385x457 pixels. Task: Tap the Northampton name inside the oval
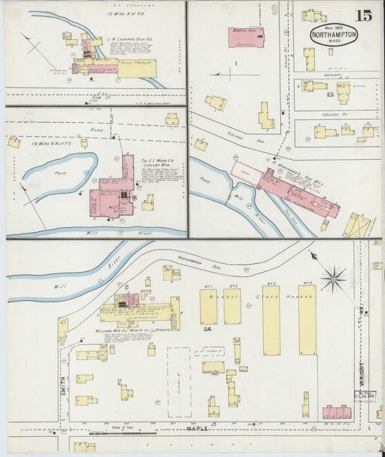(334, 33)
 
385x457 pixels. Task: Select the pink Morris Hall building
(246, 37)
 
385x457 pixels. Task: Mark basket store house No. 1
(208, 307)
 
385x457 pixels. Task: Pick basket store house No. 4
(307, 319)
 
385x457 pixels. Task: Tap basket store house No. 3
(271, 319)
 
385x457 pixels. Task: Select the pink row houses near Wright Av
(336, 412)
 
